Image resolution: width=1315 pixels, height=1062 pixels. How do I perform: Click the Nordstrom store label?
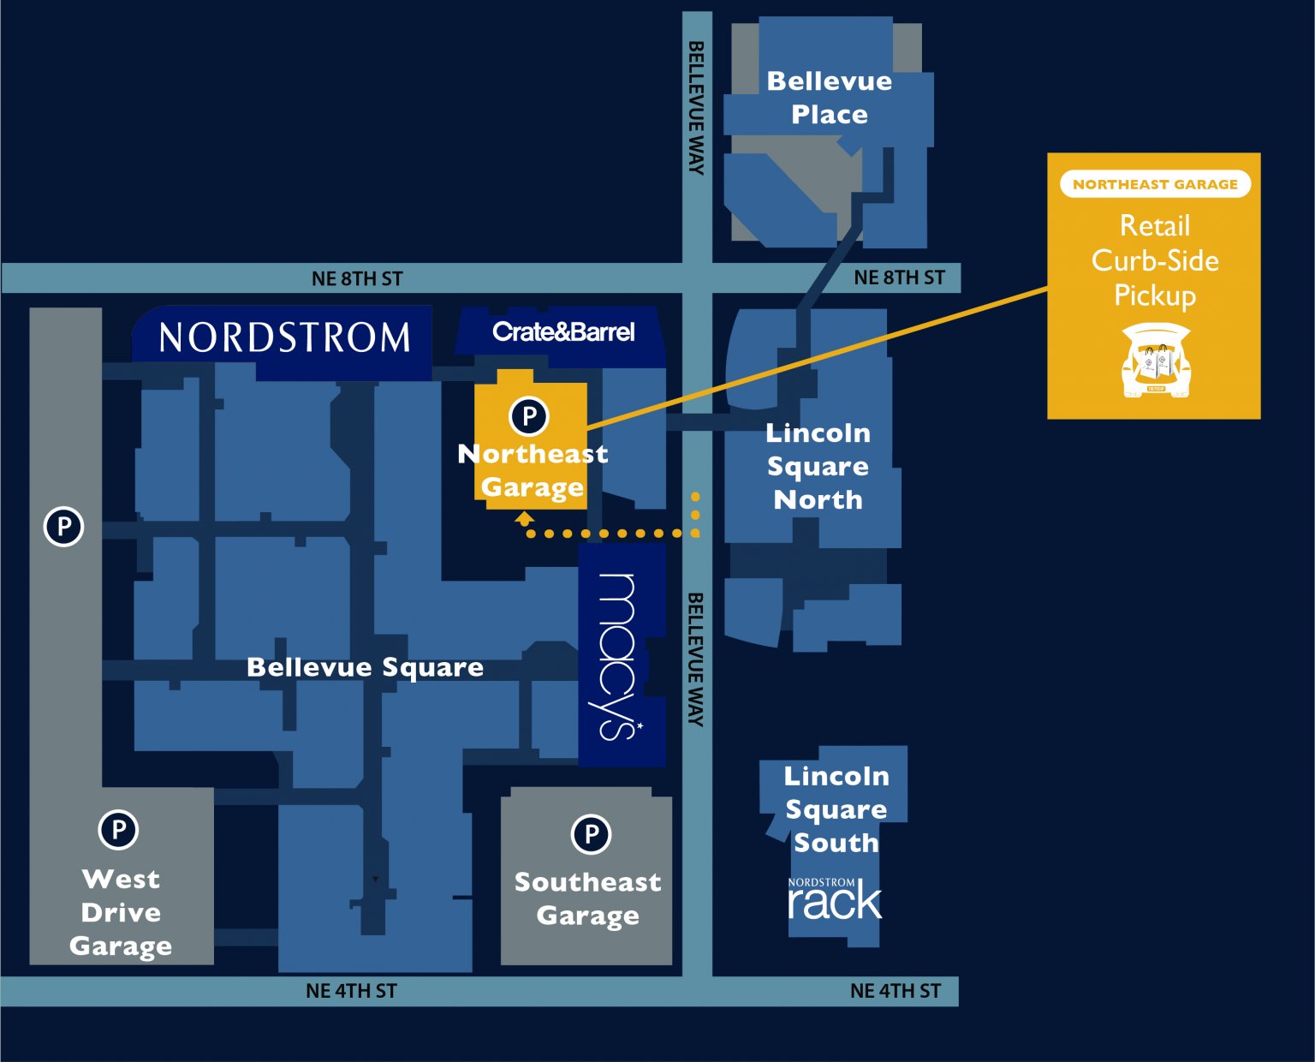coord(284,337)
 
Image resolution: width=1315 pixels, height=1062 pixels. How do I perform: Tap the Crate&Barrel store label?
coord(563,332)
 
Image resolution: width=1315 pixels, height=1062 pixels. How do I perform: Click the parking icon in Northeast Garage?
coord(529,417)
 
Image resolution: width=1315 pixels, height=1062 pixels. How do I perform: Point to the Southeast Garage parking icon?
coord(591,834)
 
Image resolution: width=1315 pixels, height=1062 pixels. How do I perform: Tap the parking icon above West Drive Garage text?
coord(118,829)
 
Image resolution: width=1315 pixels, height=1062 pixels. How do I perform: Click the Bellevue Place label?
coord(829,98)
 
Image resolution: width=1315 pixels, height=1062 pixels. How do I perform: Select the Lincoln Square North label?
coord(818,466)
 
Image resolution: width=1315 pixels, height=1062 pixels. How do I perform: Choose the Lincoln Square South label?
coord(836,809)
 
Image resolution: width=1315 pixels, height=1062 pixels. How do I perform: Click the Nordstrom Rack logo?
coord(834,899)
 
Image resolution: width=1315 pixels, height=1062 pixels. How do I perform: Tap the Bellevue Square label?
coord(365,667)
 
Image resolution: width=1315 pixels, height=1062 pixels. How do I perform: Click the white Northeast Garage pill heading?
coord(1155,184)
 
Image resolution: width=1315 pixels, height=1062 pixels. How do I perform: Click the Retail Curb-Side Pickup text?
coord(1155,260)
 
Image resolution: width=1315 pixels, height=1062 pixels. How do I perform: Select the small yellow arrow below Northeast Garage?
coord(525,518)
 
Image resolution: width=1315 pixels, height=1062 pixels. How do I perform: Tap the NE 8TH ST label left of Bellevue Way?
coord(357,278)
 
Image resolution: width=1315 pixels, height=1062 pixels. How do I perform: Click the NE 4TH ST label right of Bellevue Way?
coord(895,991)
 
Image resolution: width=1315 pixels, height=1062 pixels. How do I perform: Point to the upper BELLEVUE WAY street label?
coord(697,108)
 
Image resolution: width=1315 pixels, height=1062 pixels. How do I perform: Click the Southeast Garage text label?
coord(587,898)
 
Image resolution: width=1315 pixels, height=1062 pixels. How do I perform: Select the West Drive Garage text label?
coord(121,912)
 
